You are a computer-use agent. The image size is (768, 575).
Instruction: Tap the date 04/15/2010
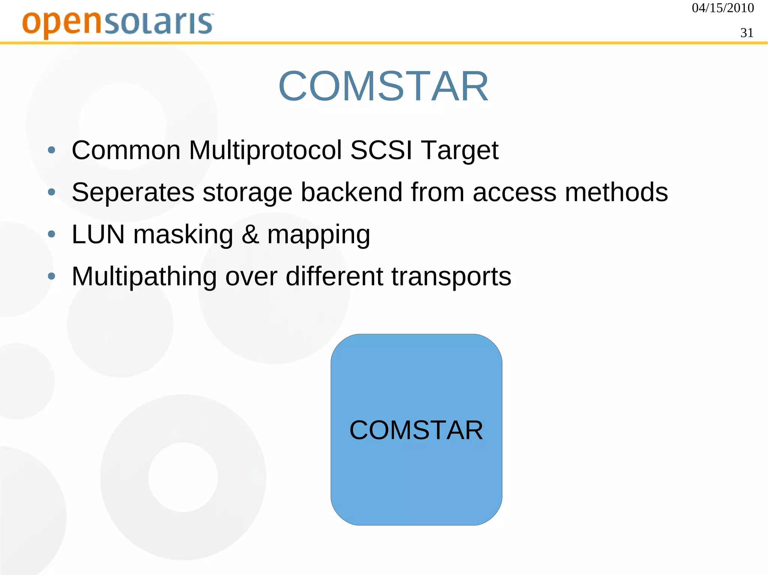tap(723, 8)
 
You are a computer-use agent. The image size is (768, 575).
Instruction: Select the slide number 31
tap(747, 33)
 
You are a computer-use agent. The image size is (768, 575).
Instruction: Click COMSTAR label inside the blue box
tap(416, 430)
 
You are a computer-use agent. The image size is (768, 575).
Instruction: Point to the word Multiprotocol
tap(265, 150)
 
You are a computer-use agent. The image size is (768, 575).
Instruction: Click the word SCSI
tap(381, 150)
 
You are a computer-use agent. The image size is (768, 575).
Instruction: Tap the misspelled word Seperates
tap(133, 193)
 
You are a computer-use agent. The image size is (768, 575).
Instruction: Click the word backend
tap(351, 192)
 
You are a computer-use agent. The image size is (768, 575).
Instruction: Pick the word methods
tap(616, 192)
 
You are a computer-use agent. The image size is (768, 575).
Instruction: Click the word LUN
tap(98, 234)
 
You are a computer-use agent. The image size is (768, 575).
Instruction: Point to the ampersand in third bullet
tap(250, 234)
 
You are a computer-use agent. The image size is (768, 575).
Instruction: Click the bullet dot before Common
tap(52, 151)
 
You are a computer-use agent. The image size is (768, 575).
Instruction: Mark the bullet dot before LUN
tap(52, 234)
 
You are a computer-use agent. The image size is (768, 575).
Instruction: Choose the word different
tap(334, 276)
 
